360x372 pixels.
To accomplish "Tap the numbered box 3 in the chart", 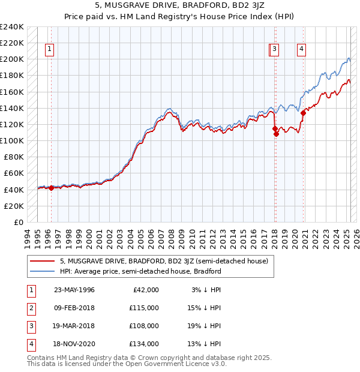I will [274, 49].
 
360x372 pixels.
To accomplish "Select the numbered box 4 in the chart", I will [301, 49].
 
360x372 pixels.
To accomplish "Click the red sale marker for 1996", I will [51, 188].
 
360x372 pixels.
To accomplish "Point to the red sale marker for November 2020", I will [304, 113].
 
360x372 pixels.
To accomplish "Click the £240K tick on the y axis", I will [11, 27].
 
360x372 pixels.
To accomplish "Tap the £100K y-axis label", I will [11, 140].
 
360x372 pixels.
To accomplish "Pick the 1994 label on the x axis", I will [28, 238].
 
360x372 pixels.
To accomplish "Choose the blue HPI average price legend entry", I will [140, 271].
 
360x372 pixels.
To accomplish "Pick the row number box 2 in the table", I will [31, 308].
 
